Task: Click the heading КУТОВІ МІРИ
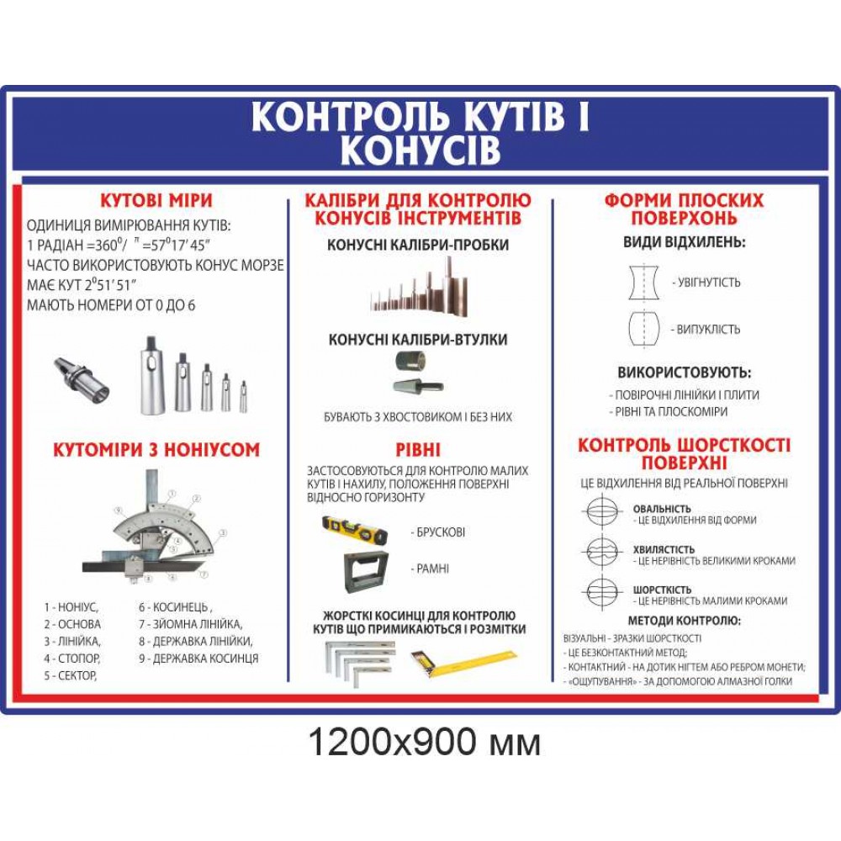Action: [x=156, y=201]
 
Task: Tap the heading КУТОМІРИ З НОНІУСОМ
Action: [x=156, y=450]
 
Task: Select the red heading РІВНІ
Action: [x=418, y=450]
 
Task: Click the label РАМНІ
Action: [x=432, y=569]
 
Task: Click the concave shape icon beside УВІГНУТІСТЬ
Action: [x=643, y=282]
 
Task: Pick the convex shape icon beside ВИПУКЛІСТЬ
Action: [x=643, y=329]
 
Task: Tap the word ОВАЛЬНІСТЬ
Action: [x=662, y=509]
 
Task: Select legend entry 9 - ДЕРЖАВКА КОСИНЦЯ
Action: [x=198, y=659]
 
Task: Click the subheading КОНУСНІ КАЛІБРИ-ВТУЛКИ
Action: [x=418, y=340]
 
